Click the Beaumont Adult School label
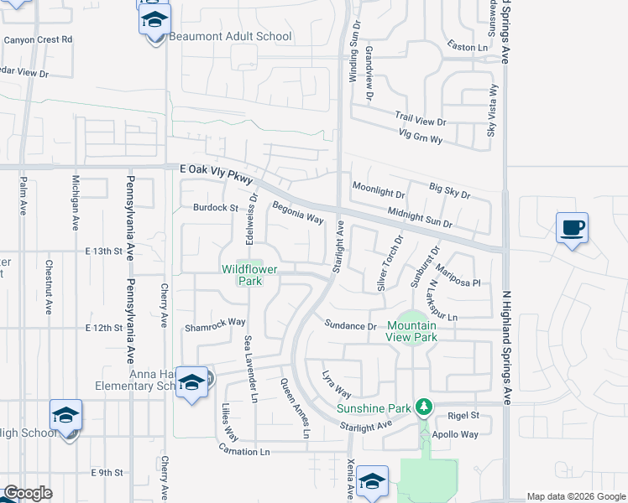[230, 37]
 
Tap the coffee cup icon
[573, 228]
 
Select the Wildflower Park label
[249, 275]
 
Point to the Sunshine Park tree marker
[425, 408]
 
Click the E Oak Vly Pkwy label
[216, 169]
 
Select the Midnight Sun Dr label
[419, 219]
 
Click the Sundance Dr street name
[351, 325]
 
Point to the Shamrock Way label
[215, 322]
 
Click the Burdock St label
[216, 207]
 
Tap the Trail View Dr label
[421, 120]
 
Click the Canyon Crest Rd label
[38, 39]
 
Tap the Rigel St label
[463, 415]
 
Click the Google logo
[27, 493]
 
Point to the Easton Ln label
[468, 48]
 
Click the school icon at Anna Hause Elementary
[192, 382]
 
